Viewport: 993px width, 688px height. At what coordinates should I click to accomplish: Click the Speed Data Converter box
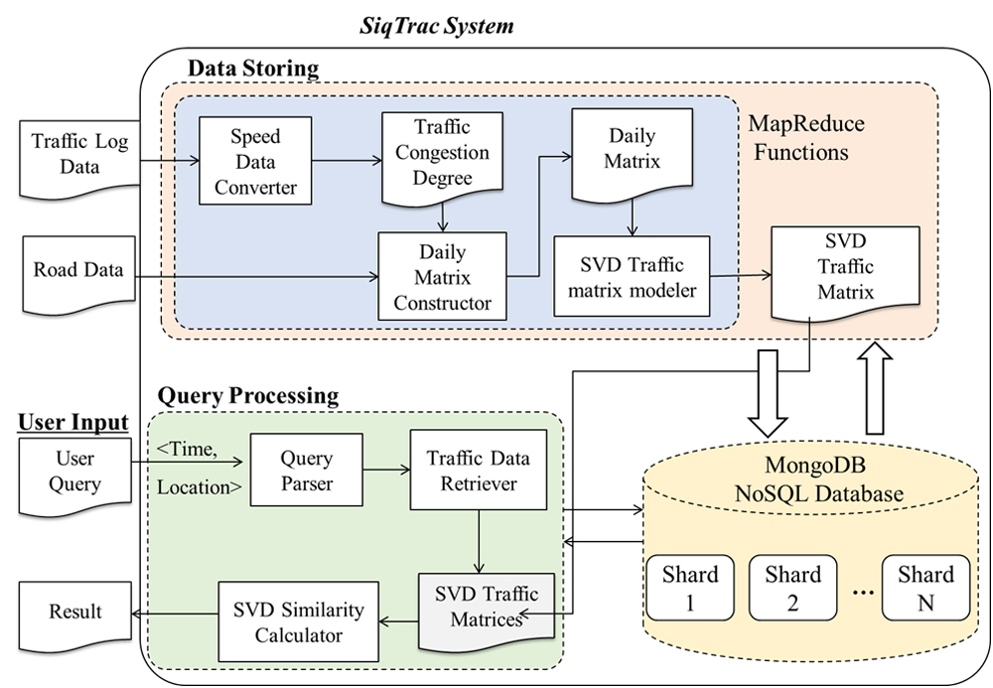[254, 160]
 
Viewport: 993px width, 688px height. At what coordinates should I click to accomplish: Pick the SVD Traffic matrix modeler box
[632, 276]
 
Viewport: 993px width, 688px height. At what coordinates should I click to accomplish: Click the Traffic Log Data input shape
[67, 155]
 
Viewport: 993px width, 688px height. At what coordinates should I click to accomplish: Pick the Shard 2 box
[791, 589]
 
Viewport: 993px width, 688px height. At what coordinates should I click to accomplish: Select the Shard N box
[923, 589]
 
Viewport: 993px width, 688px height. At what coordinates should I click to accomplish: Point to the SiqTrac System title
[437, 26]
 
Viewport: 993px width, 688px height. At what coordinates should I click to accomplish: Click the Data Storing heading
[253, 69]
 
